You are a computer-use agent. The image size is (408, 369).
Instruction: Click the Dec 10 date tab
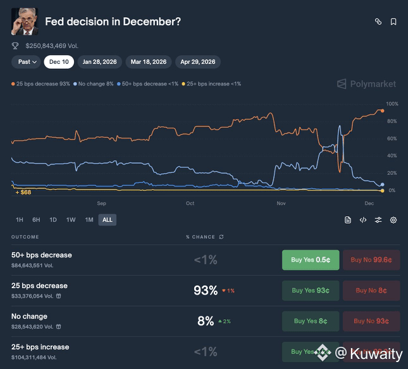[x=59, y=62]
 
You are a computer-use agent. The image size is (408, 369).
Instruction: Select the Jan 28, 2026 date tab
[x=100, y=62]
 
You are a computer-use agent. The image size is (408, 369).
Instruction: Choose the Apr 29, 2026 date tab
[x=198, y=62]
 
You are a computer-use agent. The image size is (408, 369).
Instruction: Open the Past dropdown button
[x=27, y=62]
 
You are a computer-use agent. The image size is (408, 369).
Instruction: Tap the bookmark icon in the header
[x=393, y=21]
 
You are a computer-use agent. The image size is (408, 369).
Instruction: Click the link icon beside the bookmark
[x=378, y=21]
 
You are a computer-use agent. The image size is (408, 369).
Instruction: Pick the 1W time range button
[x=71, y=220]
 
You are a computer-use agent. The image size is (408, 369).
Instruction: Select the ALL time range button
[x=107, y=220]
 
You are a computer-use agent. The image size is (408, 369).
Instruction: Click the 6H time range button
[x=36, y=220]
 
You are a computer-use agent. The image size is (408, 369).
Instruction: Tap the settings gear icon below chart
[x=393, y=220]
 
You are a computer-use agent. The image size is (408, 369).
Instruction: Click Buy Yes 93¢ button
[x=311, y=291]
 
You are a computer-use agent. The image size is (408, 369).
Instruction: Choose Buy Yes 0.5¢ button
[x=311, y=260]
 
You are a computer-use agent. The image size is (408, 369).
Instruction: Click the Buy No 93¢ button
[x=371, y=321]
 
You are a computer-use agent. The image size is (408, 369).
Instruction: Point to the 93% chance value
[x=206, y=291]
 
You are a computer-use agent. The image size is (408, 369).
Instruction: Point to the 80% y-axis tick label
[x=392, y=121]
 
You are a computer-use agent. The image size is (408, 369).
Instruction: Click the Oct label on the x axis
[x=190, y=203]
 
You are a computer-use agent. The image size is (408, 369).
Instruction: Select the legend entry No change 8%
[x=94, y=84]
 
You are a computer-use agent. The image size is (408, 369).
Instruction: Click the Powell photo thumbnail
[x=25, y=21]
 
